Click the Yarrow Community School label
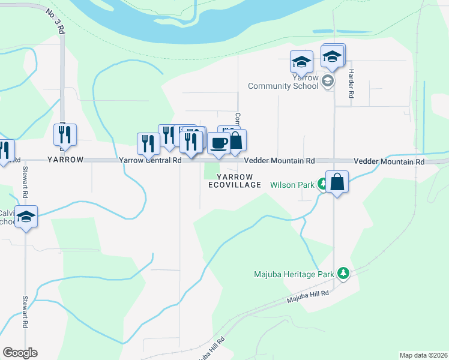(x=284, y=82)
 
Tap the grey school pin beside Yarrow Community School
(x=327, y=81)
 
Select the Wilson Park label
(x=292, y=185)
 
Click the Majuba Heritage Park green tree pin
(x=343, y=274)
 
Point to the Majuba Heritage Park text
(x=292, y=275)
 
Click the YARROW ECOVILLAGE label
(x=235, y=181)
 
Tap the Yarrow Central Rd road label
(x=150, y=161)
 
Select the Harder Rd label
(x=351, y=84)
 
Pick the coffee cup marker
(x=218, y=143)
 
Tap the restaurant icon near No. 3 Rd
(x=64, y=134)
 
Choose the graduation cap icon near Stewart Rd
(x=26, y=217)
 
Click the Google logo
(x=20, y=353)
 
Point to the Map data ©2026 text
(x=423, y=355)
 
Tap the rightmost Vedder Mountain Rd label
(x=389, y=162)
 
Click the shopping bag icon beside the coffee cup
(x=236, y=141)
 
